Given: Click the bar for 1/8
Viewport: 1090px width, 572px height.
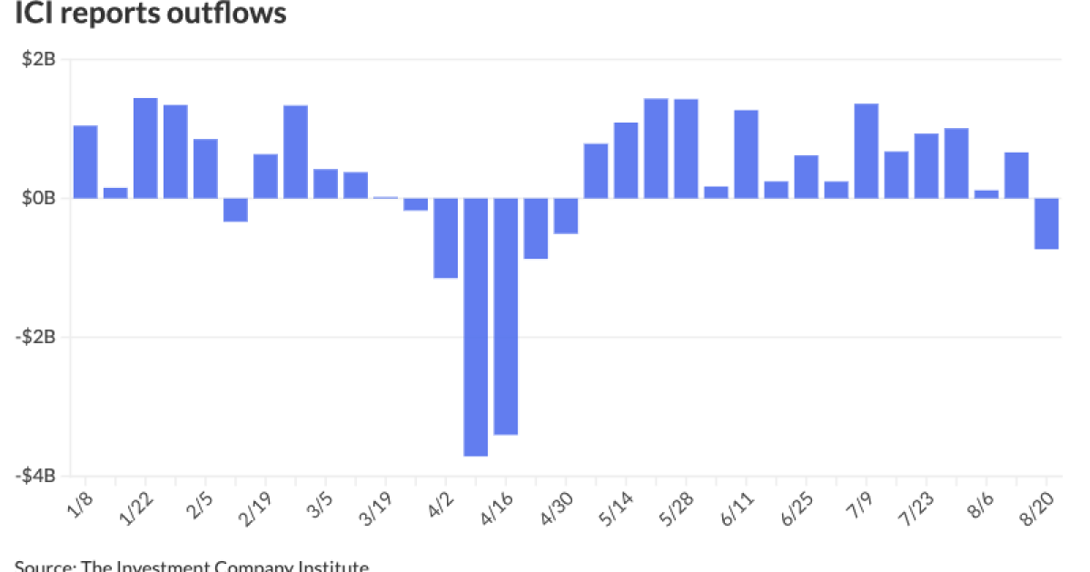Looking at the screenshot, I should [85, 162].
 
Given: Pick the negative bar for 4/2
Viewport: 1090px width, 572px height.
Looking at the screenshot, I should [446, 238].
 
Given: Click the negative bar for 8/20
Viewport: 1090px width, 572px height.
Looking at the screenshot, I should [1046, 223].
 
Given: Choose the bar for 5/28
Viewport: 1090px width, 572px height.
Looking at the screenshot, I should [686, 149].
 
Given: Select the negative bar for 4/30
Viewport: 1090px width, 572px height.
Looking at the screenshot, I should [566, 216].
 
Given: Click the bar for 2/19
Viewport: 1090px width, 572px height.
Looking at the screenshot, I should [265, 176].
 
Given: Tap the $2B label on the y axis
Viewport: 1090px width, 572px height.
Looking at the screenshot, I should [38, 61].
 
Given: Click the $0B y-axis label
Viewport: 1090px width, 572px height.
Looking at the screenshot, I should [38, 199].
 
